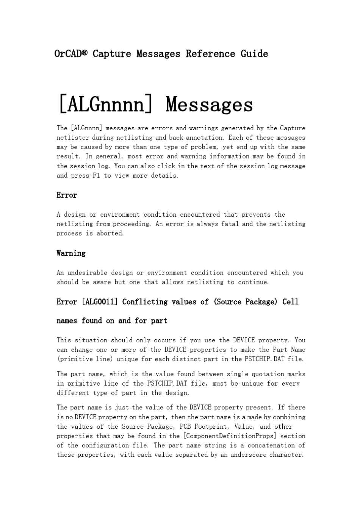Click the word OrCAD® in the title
click(71, 54)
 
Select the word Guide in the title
click(254, 54)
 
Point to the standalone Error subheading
click(67, 195)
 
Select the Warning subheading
click(71, 253)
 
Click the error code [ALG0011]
click(100, 302)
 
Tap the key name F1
click(96, 175)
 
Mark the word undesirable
click(85, 273)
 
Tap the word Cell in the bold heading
click(290, 302)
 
